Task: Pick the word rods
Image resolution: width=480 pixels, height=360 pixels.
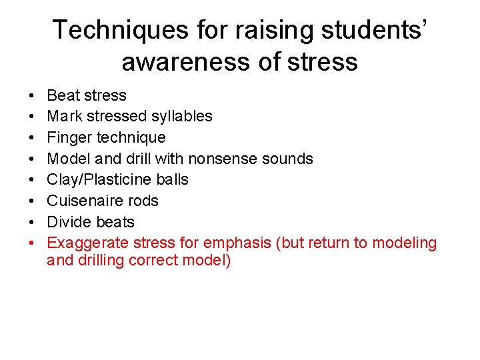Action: [x=143, y=201]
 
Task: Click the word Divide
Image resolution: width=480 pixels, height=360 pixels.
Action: [x=69, y=222]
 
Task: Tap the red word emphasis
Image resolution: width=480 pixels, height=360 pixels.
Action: [x=235, y=243]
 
